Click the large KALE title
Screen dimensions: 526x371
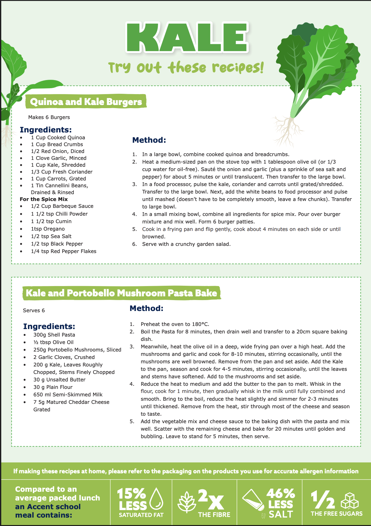[187, 37]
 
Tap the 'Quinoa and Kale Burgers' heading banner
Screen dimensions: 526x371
[86, 102]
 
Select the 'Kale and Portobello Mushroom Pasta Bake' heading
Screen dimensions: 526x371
[121, 293]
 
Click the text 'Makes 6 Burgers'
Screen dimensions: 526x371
[49, 117]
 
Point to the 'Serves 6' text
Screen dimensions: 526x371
[34, 311]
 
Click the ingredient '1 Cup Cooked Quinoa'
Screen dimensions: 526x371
[58, 138]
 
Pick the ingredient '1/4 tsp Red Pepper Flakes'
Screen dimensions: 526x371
[63, 251]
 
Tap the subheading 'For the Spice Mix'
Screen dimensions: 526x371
[44, 199]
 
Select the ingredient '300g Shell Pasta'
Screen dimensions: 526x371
[54, 335]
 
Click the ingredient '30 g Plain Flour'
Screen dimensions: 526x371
[53, 387]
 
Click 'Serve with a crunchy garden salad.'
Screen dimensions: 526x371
[186, 244]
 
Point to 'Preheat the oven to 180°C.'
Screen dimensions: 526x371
[175, 324]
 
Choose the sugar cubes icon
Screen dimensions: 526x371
[350, 501]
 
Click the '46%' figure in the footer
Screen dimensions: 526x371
[280, 493]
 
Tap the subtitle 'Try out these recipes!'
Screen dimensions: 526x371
[186, 68]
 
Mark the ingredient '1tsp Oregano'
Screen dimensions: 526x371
[48, 229]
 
